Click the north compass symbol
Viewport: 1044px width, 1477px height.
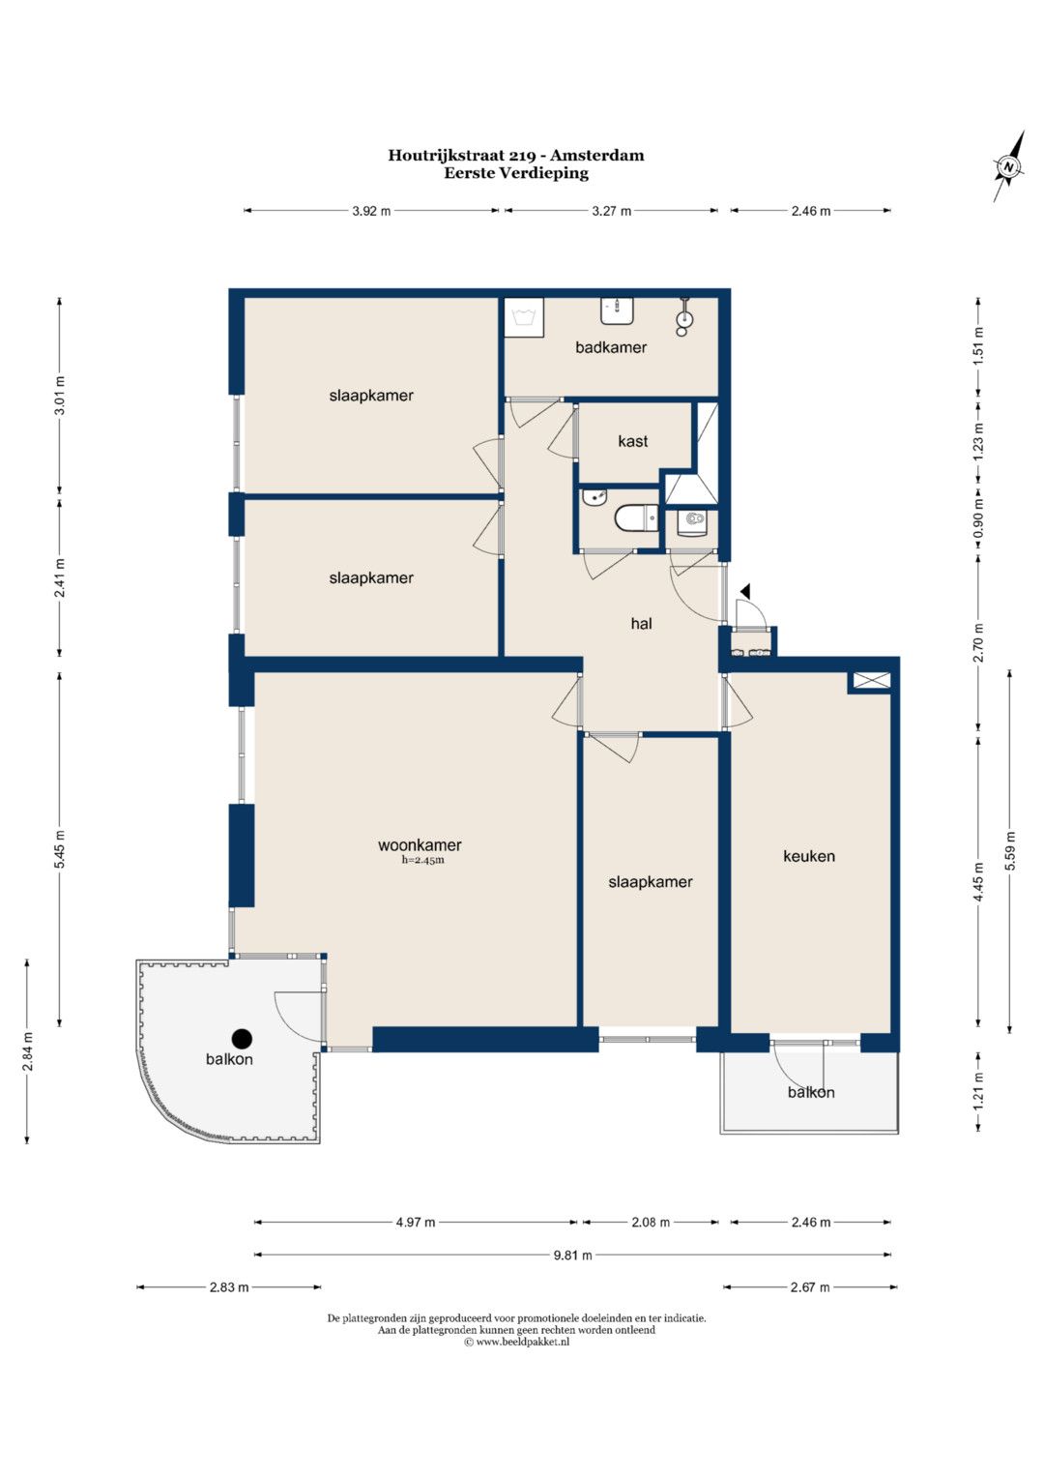click(x=1007, y=166)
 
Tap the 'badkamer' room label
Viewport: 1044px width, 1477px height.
click(x=611, y=347)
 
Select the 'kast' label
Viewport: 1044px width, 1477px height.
click(x=633, y=441)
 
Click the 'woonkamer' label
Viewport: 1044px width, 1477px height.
click(x=420, y=844)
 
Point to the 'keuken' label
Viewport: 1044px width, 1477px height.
click(x=809, y=856)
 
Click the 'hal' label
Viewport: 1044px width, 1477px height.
click(x=641, y=623)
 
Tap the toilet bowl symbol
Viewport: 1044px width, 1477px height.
click(x=636, y=518)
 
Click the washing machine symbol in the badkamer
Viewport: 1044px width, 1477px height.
click(x=524, y=318)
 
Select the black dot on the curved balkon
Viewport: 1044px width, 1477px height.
click(x=244, y=1039)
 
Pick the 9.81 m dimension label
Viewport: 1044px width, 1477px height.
click(x=572, y=1255)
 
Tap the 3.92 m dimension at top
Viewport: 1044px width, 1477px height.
click(x=371, y=211)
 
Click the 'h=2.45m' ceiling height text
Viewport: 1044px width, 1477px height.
click(x=422, y=860)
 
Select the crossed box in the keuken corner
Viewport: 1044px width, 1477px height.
click(x=871, y=681)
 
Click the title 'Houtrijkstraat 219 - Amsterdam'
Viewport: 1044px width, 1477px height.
click(x=516, y=156)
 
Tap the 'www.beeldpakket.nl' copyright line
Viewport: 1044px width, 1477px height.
click(x=517, y=1342)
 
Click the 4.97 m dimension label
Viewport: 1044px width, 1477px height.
click(x=416, y=1222)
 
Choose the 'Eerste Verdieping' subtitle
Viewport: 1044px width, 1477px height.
click(x=516, y=173)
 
